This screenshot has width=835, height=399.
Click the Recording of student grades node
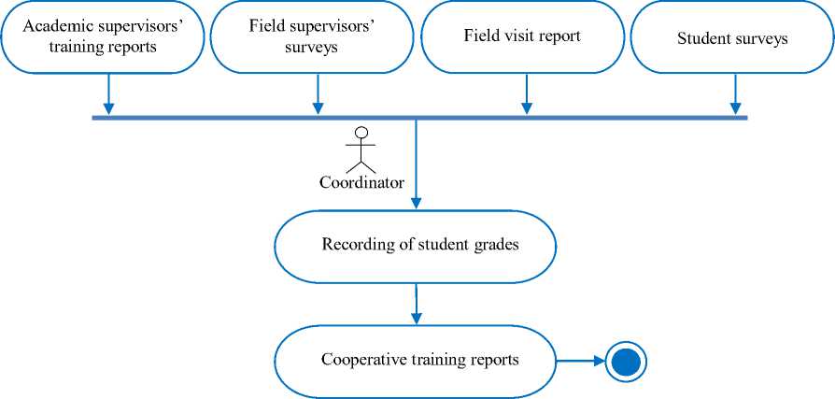415,246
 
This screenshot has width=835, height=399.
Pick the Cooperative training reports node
415,360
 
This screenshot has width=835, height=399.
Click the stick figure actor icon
361,150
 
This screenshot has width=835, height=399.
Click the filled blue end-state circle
626,361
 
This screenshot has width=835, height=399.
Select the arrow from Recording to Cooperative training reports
416,303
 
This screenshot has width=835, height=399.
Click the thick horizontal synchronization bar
234,118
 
